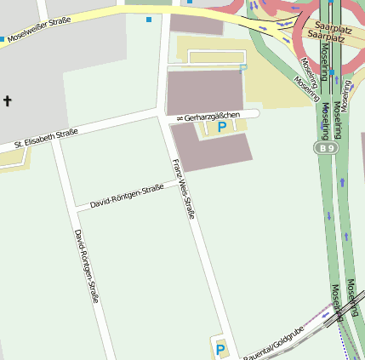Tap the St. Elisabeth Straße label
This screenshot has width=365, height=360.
(46, 139)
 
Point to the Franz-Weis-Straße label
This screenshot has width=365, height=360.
(184, 188)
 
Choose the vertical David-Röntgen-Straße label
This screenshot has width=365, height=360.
(87, 266)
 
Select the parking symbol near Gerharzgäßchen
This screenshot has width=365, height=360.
(222, 128)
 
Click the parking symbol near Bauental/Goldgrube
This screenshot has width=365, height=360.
(220, 349)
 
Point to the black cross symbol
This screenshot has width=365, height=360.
(8, 102)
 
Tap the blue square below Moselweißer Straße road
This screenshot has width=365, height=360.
(149, 20)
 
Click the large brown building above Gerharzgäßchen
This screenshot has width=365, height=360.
(204, 92)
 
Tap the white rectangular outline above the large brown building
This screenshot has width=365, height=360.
(216, 56)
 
